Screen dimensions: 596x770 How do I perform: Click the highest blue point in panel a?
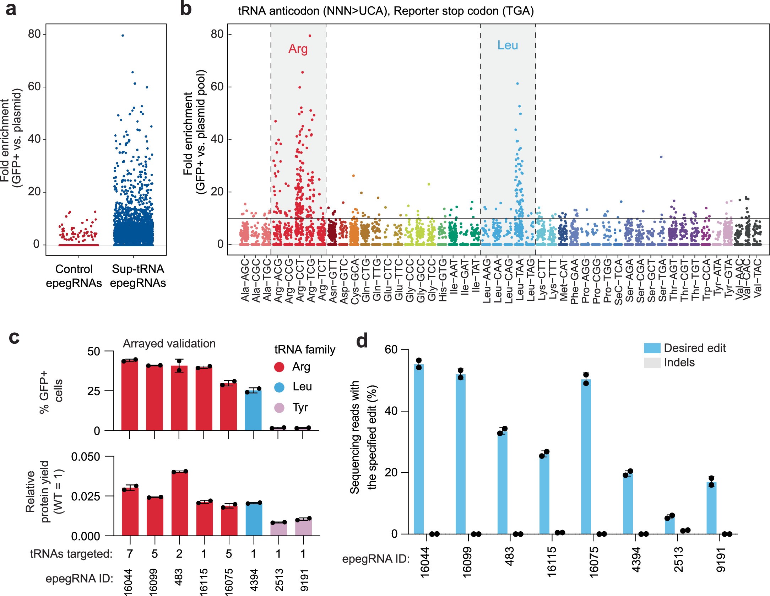123,36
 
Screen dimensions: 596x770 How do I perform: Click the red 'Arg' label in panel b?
298,49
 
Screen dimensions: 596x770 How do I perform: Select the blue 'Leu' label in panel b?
508,45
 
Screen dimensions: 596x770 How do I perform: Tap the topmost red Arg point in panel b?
310,36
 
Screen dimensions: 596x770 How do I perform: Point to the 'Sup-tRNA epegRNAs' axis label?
138,276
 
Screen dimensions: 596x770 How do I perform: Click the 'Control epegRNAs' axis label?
74,276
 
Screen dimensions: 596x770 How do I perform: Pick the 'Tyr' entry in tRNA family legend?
300,407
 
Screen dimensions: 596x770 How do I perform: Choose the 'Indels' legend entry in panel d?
679,363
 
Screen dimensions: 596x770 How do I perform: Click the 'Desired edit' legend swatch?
652,348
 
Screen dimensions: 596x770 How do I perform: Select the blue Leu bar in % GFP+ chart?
253,410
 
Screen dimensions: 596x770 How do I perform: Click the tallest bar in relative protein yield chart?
179,503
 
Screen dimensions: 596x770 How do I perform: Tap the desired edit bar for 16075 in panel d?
586,457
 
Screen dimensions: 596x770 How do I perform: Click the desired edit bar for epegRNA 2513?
669,526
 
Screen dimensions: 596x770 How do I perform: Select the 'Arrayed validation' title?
169,344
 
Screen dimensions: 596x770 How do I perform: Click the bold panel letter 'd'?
362,341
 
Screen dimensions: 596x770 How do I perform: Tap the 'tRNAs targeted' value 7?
130,553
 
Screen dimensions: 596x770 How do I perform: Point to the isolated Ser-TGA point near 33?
661,157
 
